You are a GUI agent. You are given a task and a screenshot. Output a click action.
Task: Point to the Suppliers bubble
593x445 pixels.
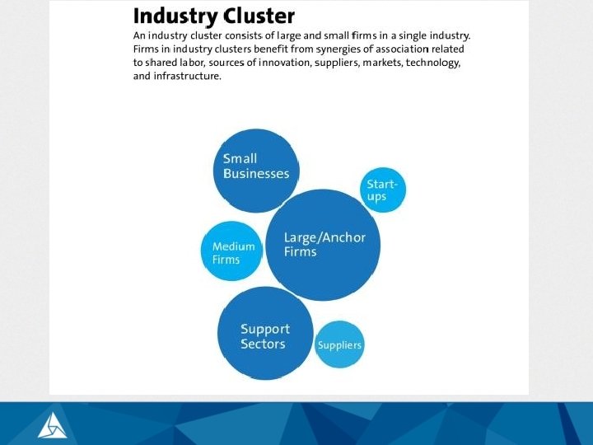pos(339,344)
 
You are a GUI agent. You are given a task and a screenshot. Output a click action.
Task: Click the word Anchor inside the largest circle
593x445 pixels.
pos(343,238)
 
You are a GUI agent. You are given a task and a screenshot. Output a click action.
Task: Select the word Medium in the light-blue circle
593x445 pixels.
pos(233,246)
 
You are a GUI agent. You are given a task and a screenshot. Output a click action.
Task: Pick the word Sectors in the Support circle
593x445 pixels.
pos(263,344)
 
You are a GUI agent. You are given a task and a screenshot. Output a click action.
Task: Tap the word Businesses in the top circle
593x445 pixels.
pos(256,174)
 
